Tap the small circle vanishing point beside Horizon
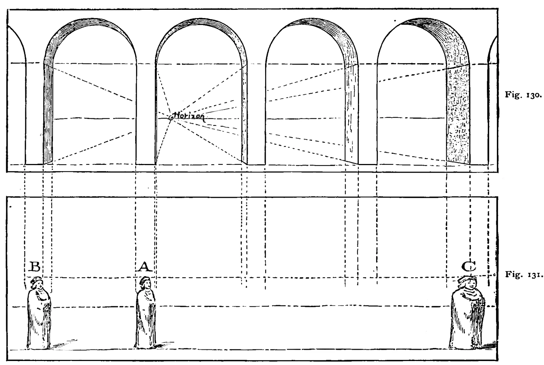click(x=171, y=118)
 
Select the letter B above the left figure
click(x=34, y=266)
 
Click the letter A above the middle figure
click(x=145, y=266)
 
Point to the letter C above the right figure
click(x=469, y=266)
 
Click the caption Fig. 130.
click(x=523, y=95)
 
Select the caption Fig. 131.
click(x=523, y=274)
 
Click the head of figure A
click(x=145, y=283)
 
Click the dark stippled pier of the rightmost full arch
click(x=458, y=114)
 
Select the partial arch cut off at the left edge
click(x=17, y=95)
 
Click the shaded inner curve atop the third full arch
click(x=323, y=34)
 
